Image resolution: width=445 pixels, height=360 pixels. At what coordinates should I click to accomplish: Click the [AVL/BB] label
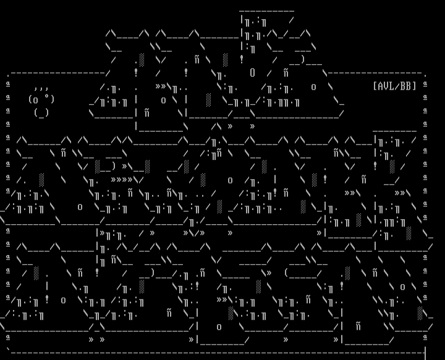click(x=394, y=86)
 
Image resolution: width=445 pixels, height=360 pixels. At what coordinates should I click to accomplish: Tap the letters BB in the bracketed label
click(x=408, y=86)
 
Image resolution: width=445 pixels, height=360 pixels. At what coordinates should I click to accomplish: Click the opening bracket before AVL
click(x=375, y=86)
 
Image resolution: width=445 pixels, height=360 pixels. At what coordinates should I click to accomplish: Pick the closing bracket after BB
click(x=415, y=86)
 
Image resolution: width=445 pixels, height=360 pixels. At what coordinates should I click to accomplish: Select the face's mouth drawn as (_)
click(x=41, y=112)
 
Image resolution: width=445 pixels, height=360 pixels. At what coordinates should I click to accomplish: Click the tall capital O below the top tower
click(x=252, y=73)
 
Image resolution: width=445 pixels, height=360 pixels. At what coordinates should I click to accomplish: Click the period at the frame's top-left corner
click(x=8, y=74)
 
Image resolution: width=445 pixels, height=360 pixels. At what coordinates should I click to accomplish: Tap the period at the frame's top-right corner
click(x=425, y=74)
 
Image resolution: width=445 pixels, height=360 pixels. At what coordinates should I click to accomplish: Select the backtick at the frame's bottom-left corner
click(x=8, y=350)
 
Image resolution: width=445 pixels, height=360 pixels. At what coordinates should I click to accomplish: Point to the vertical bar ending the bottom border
click(x=425, y=352)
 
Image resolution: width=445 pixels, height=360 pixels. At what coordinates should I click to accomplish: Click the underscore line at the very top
click(x=266, y=10)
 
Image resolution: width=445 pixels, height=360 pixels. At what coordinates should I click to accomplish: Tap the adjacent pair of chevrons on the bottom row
click(x=96, y=339)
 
